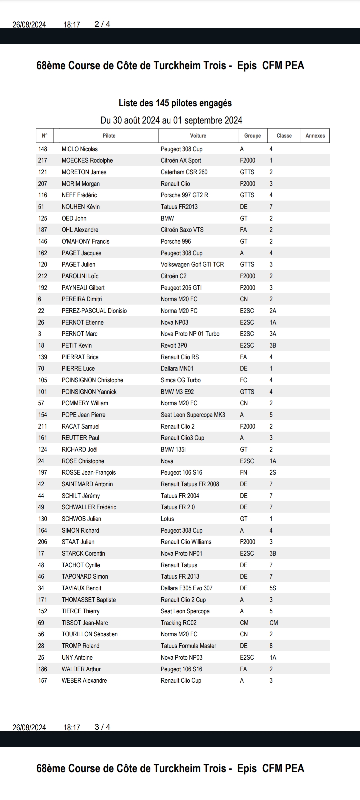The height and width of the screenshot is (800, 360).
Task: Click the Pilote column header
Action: pos(109,136)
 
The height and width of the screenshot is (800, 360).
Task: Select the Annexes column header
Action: pos(315,136)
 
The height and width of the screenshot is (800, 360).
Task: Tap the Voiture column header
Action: pos(198,136)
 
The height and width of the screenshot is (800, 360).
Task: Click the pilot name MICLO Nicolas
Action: pos(80,149)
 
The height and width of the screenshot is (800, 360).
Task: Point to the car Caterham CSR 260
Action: pos(184,172)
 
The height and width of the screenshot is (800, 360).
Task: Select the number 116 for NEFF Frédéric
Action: pos(43,195)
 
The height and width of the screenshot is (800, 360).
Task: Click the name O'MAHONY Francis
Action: pos(85,241)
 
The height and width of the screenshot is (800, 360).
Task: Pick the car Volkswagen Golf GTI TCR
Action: pos(192,264)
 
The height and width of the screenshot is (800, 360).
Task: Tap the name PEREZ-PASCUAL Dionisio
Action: pos(94,311)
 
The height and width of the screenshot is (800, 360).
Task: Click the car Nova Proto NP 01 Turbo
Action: pos(190,334)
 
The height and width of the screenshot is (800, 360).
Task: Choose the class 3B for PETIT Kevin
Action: pos(273,345)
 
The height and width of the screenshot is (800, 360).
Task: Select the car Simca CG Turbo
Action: pos(181,380)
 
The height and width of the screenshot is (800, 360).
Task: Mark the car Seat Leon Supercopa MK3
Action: pos(193,415)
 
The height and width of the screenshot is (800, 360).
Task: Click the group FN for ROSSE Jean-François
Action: pos(243,472)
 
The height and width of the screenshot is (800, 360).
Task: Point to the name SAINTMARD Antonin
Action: pos(87,484)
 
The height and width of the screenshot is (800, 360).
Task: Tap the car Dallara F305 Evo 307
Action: pos(186,588)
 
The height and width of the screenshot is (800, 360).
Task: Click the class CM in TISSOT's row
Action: pos(274,623)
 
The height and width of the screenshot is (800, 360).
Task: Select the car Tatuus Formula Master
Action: pos(188,646)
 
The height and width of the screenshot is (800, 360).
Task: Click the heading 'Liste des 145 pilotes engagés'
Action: pos(175,103)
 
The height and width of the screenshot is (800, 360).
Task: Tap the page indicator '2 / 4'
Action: pos(102,24)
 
